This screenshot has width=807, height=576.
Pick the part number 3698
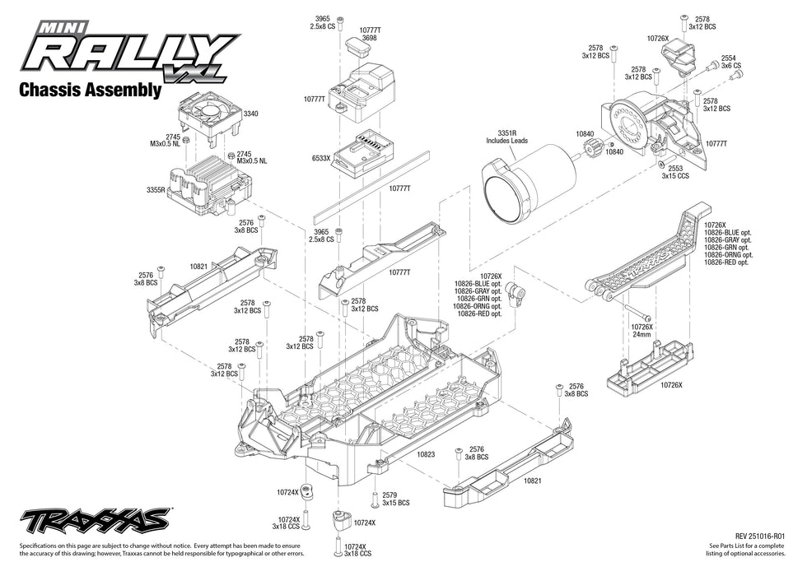(x=369, y=38)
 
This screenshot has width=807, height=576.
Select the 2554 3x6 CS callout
(x=730, y=61)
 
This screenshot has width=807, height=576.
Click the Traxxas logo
(x=96, y=520)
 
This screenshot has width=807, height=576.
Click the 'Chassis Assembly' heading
(x=89, y=91)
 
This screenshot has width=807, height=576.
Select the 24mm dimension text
(x=641, y=335)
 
